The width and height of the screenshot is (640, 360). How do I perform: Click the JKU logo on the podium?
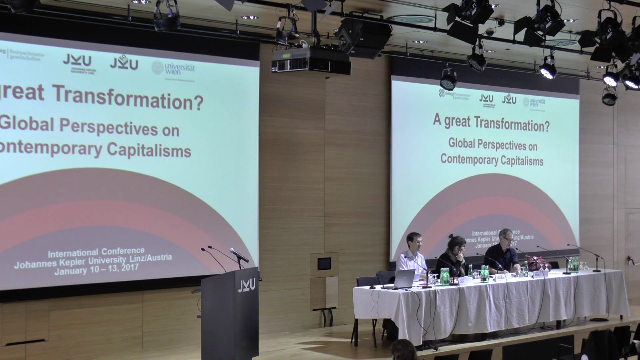click(247, 285)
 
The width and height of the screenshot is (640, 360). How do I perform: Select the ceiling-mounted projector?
click(310, 61)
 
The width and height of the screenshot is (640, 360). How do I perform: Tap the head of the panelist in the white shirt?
click(413, 241)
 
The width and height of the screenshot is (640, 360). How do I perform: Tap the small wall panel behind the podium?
click(324, 263)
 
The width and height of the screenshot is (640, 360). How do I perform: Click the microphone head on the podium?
click(239, 255)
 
